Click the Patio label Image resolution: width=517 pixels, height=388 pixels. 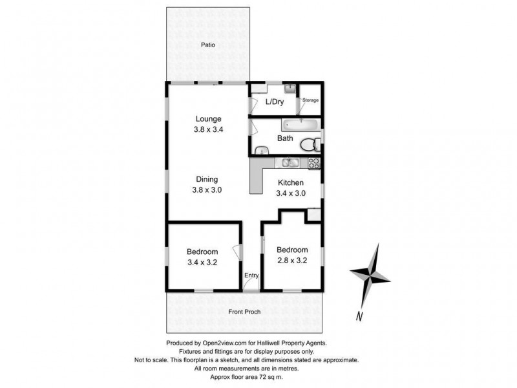tap(207, 45)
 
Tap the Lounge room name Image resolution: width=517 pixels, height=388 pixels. tap(208, 119)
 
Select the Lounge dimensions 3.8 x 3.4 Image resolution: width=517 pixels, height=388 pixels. tap(208, 129)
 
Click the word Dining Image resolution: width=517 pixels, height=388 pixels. tap(208, 179)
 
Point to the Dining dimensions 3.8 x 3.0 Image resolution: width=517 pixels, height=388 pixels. tap(208, 190)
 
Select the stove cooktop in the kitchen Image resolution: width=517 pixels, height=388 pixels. tap(314, 164)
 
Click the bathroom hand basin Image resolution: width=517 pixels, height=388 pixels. tap(260, 151)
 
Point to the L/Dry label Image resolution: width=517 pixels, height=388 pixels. tap(275, 102)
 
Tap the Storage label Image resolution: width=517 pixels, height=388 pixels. tap(311, 100)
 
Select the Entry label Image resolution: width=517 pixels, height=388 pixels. tap(251, 276)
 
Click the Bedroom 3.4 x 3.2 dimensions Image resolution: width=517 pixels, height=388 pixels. tap(202, 263)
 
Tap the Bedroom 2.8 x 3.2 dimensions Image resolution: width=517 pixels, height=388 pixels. tap(291, 261)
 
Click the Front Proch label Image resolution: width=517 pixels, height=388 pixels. tap(245, 312)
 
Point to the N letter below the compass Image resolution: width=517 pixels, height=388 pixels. tap(358, 316)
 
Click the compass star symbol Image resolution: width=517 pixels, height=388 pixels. tap(370, 274)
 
